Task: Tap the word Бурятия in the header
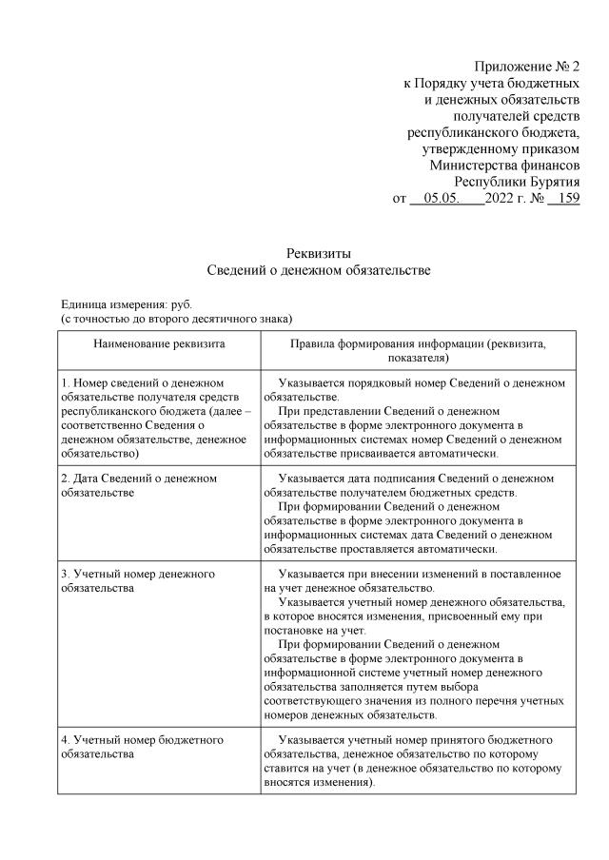[x=547, y=182]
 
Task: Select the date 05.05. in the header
[x=442, y=199]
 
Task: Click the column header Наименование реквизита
[x=159, y=343]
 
